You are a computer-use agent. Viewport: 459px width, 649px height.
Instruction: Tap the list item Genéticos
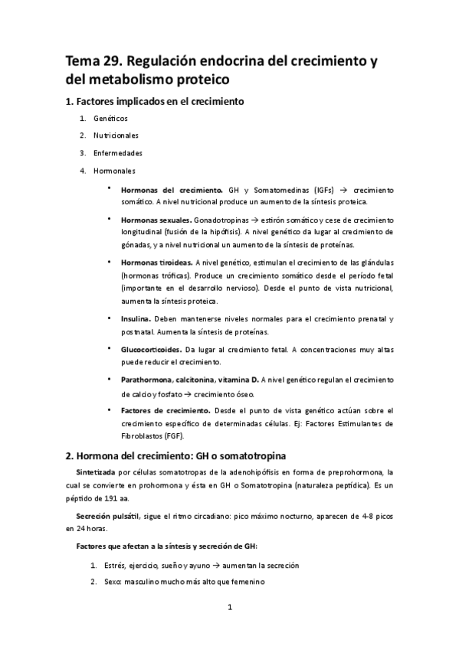tap(110, 119)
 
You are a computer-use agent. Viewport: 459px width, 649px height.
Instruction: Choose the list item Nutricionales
tap(116, 135)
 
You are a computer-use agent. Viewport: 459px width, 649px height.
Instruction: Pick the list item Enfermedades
tap(117, 152)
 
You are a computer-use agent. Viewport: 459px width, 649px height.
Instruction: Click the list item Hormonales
tap(115, 169)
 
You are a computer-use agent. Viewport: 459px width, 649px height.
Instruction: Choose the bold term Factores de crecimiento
tap(165, 410)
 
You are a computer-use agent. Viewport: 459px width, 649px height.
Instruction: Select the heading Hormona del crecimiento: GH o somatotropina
tap(178, 455)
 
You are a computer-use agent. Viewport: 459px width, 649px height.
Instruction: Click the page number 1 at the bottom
tap(229, 608)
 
